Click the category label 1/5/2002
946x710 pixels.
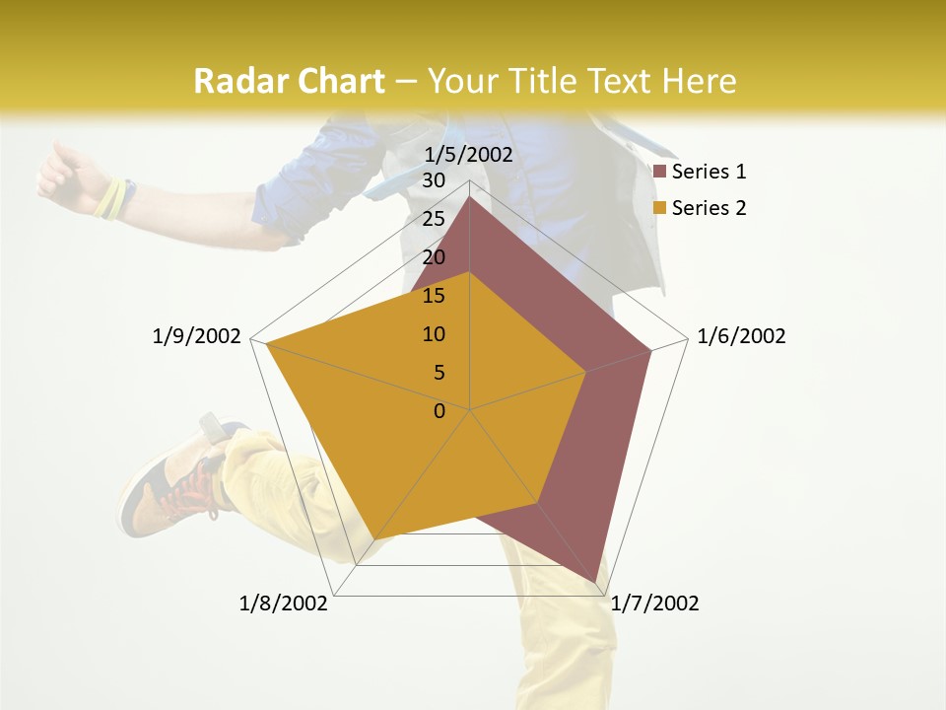tap(468, 155)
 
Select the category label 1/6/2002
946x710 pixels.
tap(741, 336)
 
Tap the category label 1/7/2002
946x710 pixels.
tap(654, 603)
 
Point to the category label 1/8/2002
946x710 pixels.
tap(284, 603)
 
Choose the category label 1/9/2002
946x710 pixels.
tap(196, 336)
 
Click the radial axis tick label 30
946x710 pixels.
tap(434, 180)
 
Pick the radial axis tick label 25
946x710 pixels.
tap(434, 219)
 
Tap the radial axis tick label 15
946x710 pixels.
tap(434, 296)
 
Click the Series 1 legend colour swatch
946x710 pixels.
tap(660, 173)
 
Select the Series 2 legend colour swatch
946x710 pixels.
tap(660, 208)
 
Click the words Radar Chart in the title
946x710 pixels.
tap(289, 82)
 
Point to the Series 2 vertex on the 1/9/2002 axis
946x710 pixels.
tap(267, 344)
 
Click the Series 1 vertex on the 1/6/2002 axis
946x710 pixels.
tap(651, 350)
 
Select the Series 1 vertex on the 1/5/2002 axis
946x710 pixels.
tap(470, 197)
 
